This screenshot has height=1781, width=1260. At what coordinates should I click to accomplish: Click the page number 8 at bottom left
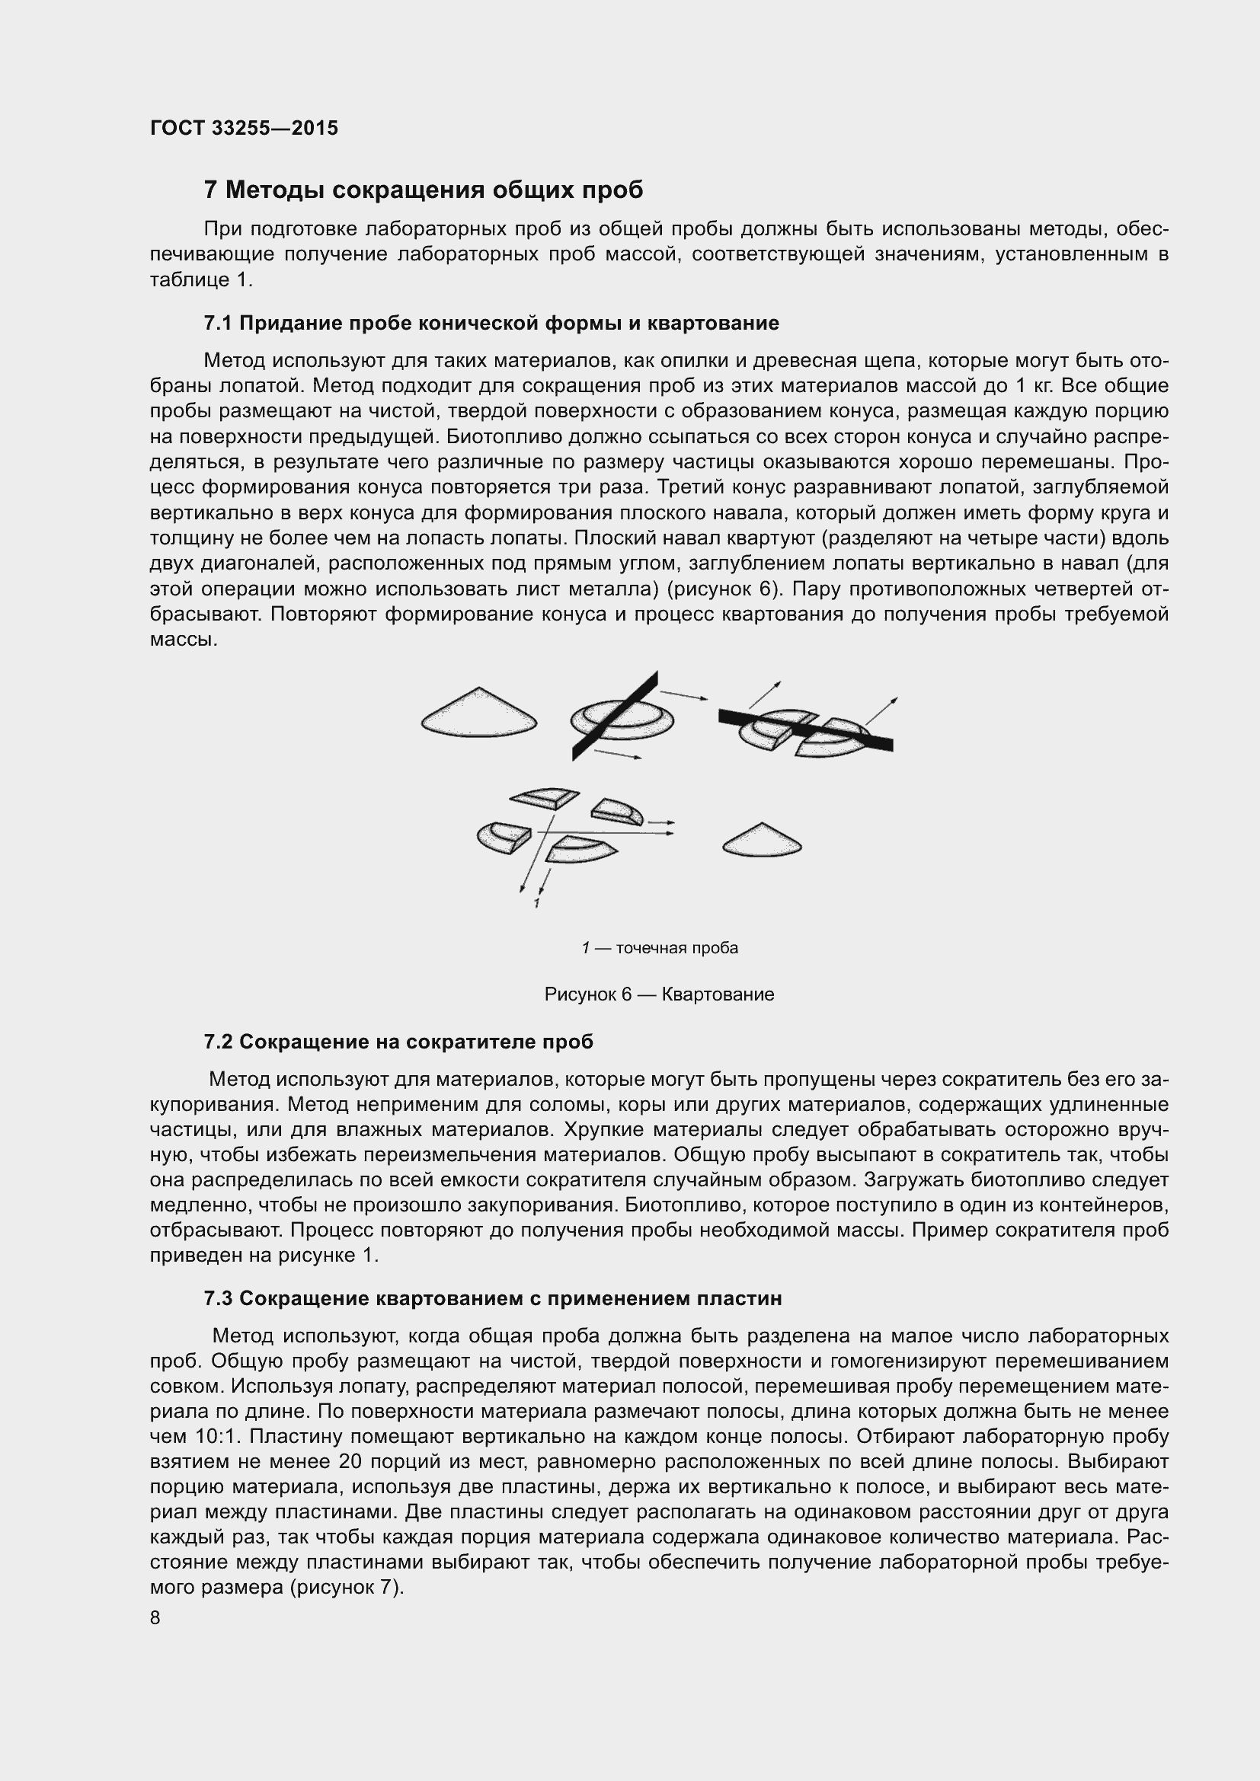[155, 1617]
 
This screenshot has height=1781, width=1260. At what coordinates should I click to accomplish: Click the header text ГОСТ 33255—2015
[244, 129]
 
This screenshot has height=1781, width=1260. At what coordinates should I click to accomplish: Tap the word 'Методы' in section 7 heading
[274, 190]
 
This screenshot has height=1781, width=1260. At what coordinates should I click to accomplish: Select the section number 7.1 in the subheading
[218, 324]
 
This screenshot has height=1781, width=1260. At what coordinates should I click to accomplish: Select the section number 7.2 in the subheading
[218, 1042]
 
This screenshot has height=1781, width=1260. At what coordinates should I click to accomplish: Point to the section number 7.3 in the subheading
[218, 1298]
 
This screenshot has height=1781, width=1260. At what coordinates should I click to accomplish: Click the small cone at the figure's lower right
[761, 841]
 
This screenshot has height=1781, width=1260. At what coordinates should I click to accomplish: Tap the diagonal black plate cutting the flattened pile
[616, 715]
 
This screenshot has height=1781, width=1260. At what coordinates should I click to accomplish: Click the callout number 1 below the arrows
[536, 904]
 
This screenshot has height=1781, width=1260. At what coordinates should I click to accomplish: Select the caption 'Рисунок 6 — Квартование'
[659, 994]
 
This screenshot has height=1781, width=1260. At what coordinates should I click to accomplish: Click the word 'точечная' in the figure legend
[648, 948]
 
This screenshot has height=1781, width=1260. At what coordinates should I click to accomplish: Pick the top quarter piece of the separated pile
[545, 796]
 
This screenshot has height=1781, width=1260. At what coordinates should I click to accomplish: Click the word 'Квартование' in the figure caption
[718, 994]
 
